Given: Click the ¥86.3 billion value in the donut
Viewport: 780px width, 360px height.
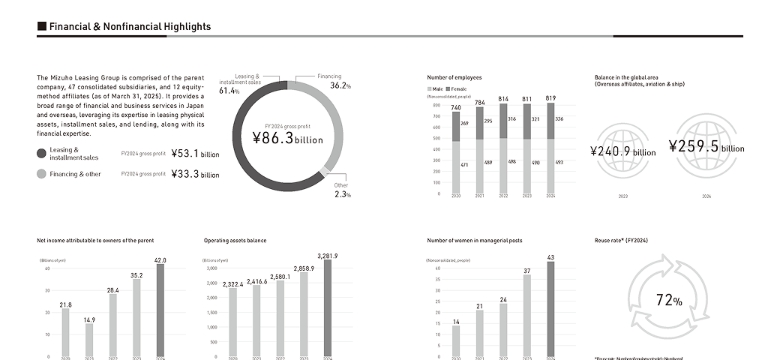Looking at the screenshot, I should (287, 138).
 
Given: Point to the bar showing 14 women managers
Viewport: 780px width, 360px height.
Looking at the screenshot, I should (456, 340).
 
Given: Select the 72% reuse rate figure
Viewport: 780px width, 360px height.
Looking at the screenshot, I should (668, 301).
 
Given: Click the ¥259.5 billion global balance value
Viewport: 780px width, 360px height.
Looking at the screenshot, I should (706, 146).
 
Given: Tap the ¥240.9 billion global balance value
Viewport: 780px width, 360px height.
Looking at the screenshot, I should (622, 151).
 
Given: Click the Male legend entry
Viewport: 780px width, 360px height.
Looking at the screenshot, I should (435, 89).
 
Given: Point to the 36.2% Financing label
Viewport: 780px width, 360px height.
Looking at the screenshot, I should (340, 85).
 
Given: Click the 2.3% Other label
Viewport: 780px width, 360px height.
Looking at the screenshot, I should (342, 194).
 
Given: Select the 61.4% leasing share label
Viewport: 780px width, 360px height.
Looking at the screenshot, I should (229, 91).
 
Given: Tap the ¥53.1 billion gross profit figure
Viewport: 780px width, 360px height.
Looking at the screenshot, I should (195, 154).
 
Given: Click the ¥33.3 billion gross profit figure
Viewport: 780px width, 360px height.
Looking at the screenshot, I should (195, 174).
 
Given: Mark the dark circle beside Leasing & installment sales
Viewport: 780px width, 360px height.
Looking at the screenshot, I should (41, 154).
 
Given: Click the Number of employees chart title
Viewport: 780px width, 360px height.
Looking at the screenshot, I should (454, 77).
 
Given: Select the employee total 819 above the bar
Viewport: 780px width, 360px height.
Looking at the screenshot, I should (550, 98).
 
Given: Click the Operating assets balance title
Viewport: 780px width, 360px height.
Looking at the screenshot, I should (235, 241).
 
